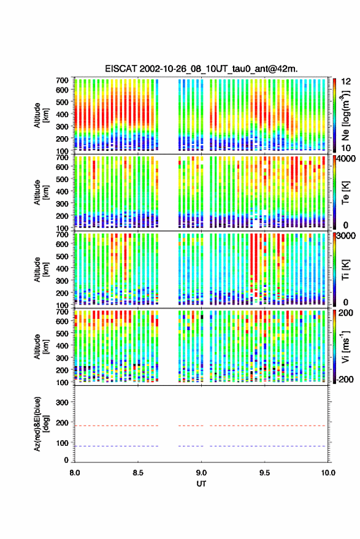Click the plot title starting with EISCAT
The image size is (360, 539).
pyautogui.click(x=201, y=69)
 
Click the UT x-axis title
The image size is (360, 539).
pyautogui.click(x=201, y=484)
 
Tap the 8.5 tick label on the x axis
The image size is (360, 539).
pyautogui.click(x=138, y=473)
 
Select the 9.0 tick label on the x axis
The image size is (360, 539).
pyautogui.click(x=201, y=473)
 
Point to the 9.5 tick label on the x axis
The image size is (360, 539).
pyautogui.click(x=264, y=473)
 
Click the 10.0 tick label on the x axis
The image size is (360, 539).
pyautogui.click(x=327, y=473)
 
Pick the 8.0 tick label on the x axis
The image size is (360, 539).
pyautogui.click(x=75, y=473)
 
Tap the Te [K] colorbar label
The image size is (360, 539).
pyautogui.click(x=345, y=193)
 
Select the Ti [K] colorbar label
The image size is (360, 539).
pyautogui.click(x=345, y=270)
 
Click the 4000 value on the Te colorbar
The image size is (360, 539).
pyautogui.click(x=347, y=159)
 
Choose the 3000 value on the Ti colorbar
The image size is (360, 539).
pyautogui.click(x=347, y=236)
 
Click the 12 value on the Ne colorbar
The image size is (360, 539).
pyautogui.click(x=347, y=82)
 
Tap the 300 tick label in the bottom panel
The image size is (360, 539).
pyautogui.click(x=62, y=402)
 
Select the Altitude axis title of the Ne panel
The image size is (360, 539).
pyautogui.click(x=41, y=115)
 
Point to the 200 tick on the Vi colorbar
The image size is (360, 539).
pyautogui.click(x=345, y=313)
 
